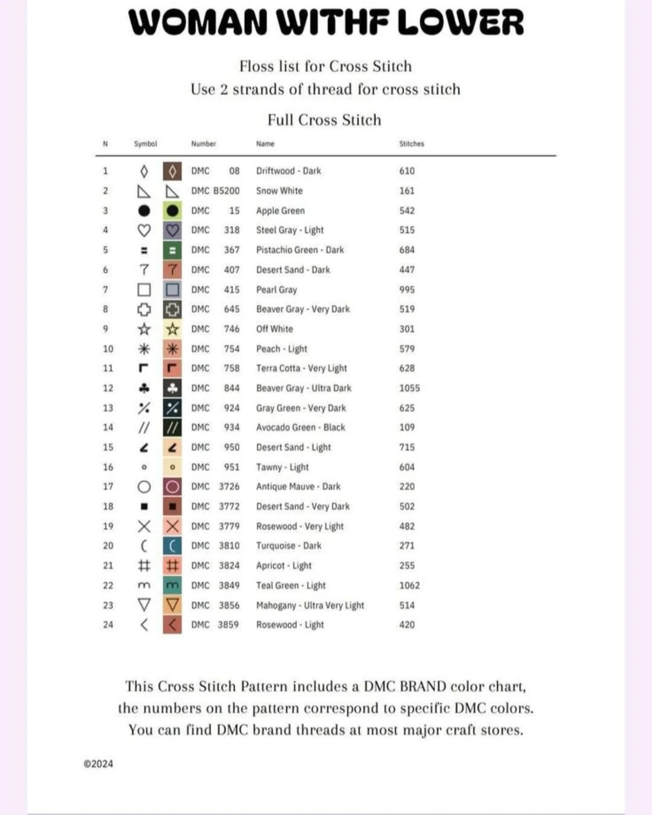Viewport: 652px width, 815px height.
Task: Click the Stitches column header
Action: pos(412,144)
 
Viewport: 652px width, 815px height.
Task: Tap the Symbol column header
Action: pos(145,144)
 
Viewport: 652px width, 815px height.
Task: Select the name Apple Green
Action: pos(280,211)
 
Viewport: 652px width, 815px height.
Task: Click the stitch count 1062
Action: pos(409,585)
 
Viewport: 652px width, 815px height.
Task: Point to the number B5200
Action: pos(226,191)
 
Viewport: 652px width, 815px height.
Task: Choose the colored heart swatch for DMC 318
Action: pos(172,230)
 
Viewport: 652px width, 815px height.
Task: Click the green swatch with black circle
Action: pos(172,211)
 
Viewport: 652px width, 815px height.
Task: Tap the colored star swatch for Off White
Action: pos(172,329)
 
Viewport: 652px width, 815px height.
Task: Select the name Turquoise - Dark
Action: pos(288,546)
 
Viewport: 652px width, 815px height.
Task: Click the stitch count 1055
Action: pos(409,388)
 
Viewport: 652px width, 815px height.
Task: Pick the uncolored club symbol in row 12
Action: pos(144,388)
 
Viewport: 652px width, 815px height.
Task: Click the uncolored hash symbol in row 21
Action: pos(144,566)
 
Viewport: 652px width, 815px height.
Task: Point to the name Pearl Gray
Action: pos(276,290)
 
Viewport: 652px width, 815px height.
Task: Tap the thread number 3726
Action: pos(229,486)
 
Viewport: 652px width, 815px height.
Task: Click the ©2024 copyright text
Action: pos(98,764)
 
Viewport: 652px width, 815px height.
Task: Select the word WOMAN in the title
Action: pos(198,23)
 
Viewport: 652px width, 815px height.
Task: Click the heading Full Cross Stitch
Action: pos(324,120)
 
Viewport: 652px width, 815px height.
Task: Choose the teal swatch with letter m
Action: pos(172,585)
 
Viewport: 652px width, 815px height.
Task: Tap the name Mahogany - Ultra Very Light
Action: pos(310,605)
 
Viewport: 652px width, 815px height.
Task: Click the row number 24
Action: pos(108,625)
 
